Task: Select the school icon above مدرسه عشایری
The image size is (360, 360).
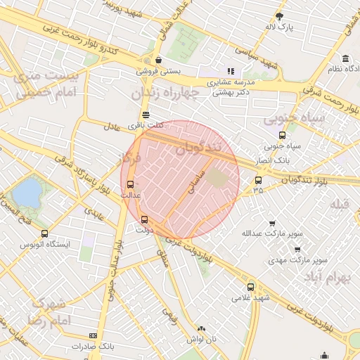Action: [x=230, y=71]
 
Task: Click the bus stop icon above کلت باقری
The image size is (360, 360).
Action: [x=146, y=114]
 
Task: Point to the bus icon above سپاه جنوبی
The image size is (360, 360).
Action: [x=282, y=136]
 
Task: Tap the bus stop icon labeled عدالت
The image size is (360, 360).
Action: [x=129, y=183]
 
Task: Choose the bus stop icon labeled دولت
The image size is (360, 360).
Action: [x=144, y=219]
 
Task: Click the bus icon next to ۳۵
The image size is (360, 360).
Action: [x=259, y=179]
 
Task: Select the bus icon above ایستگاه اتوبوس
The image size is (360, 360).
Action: [x=45, y=233]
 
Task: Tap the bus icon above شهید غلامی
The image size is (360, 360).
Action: [x=251, y=286]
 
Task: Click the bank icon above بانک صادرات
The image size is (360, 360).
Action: [x=94, y=336]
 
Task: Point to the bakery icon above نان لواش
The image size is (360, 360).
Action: [x=202, y=328]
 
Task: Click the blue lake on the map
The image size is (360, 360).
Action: [x=27, y=192]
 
